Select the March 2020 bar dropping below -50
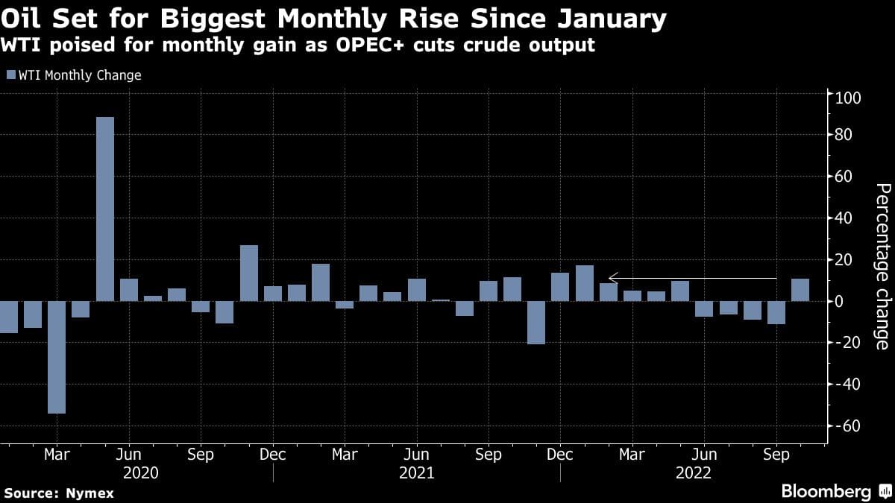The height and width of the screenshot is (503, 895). pos(57,357)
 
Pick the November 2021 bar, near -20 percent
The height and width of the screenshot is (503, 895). pos(536,323)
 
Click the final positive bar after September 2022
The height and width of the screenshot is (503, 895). pos(800,290)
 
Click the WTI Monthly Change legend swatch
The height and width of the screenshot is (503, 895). pos(10,75)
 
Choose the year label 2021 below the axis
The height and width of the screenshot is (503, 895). pos(418,473)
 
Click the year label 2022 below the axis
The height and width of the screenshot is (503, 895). pos(693,473)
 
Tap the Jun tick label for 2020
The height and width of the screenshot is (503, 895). pos(129,455)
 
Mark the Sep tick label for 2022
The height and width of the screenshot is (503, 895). pos(777,455)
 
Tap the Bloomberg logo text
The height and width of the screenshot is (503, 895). pos(826,491)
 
